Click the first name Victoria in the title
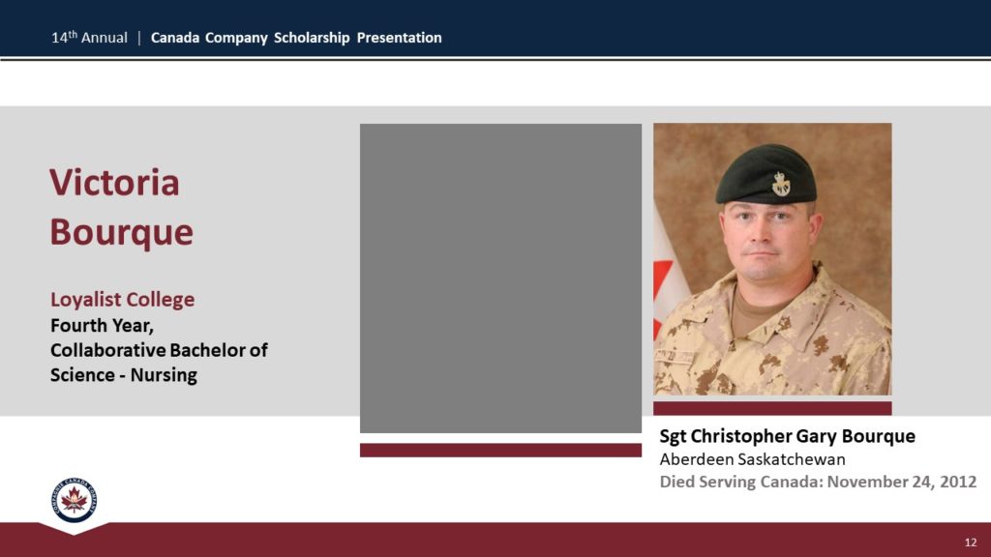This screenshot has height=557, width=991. pyautogui.click(x=114, y=183)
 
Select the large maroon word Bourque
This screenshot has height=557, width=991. pyautogui.click(x=121, y=232)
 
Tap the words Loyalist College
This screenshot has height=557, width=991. pyautogui.click(x=123, y=300)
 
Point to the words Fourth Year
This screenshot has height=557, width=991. pyautogui.click(x=102, y=326)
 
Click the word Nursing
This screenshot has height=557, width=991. pyautogui.click(x=164, y=375)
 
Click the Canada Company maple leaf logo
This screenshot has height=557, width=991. pyautogui.click(x=74, y=500)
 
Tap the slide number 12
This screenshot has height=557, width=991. pyautogui.click(x=971, y=542)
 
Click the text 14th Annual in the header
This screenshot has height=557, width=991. pyautogui.click(x=89, y=38)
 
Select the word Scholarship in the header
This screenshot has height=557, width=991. pyautogui.click(x=312, y=38)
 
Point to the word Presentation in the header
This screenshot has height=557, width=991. pyautogui.click(x=400, y=38)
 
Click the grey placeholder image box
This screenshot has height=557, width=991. pyautogui.click(x=500, y=278)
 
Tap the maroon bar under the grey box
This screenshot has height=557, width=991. pyautogui.click(x=500, y=450)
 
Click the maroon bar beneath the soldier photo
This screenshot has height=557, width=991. pyautogui.click(x=772, y=408)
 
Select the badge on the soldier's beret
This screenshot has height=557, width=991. pyautogui.click(x=781, y=184)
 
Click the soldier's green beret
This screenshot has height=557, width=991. pyautogui.click(x=766, y=175)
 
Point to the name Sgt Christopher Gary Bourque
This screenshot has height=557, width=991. pyautogui.click(x=788, y=436)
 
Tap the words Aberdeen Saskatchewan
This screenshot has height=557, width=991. pyautogui.click(x=752, y=459)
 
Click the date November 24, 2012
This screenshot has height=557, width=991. pyautogui.click(x=901, y=482)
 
